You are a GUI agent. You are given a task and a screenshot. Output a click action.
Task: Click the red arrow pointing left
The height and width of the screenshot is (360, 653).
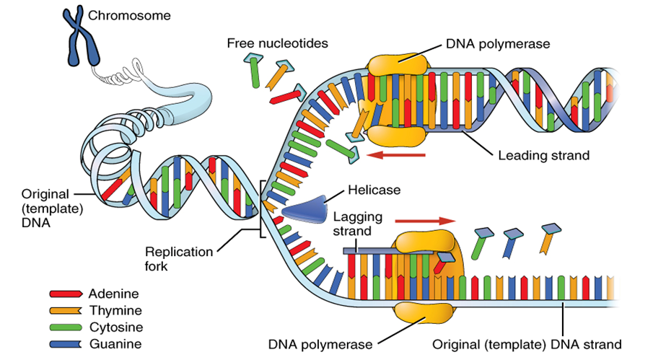pyautogui.click(x=397, y=154)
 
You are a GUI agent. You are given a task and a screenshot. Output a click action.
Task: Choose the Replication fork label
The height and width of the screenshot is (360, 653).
pyautogui.click(x=179, y=259)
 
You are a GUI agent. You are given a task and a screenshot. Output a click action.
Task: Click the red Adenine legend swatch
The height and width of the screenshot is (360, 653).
pyautogui.click(x=66, y=294)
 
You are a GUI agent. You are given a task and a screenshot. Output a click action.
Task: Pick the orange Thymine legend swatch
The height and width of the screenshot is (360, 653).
pyautogui.click(x=66, y=310)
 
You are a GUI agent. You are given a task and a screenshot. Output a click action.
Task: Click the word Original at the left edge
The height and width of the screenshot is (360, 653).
pyautogui.click(x=45, y=194)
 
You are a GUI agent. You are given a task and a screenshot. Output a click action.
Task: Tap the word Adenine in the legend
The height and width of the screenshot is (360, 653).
pyautogui.click(x=113, y=294)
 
